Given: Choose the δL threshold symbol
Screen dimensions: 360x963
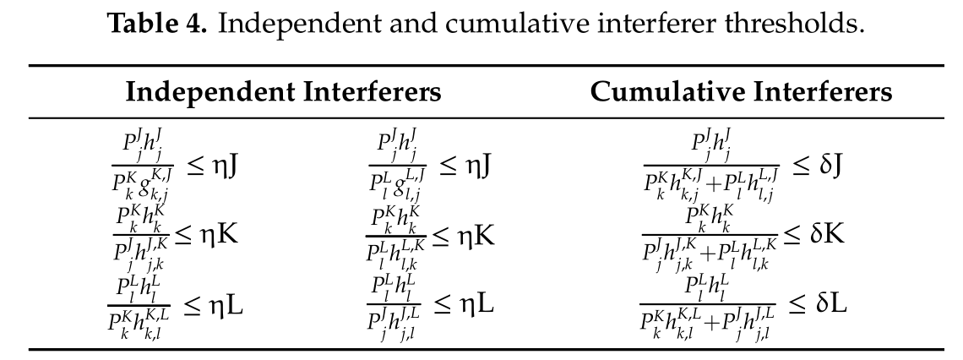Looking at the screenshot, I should pos(830,302).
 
